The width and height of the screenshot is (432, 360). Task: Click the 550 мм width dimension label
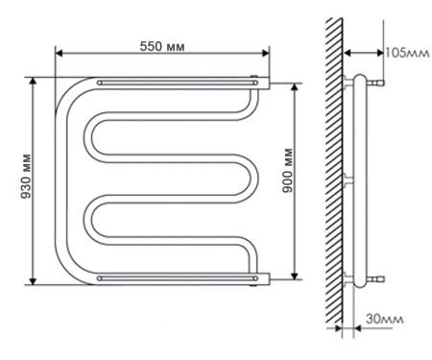click(x=162, y=47)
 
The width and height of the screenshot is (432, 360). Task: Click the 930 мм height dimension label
click(x=26, y=177)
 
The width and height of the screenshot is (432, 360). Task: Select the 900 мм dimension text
click(x=288, y=170)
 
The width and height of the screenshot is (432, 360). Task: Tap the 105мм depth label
click(x=407, y=53)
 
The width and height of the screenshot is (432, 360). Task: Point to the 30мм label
click(x=385, y=319)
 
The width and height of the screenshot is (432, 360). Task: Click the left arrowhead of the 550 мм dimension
click(x=60, y=53)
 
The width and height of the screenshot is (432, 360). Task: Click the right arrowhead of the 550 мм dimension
click(x=266, y=53)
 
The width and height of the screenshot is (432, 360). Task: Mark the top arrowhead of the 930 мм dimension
click(x=33, y=82)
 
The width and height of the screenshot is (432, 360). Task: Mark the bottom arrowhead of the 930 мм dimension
click(x=33, y=280)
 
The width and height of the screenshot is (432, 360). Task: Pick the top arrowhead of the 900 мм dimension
click(x=295, y=87)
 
